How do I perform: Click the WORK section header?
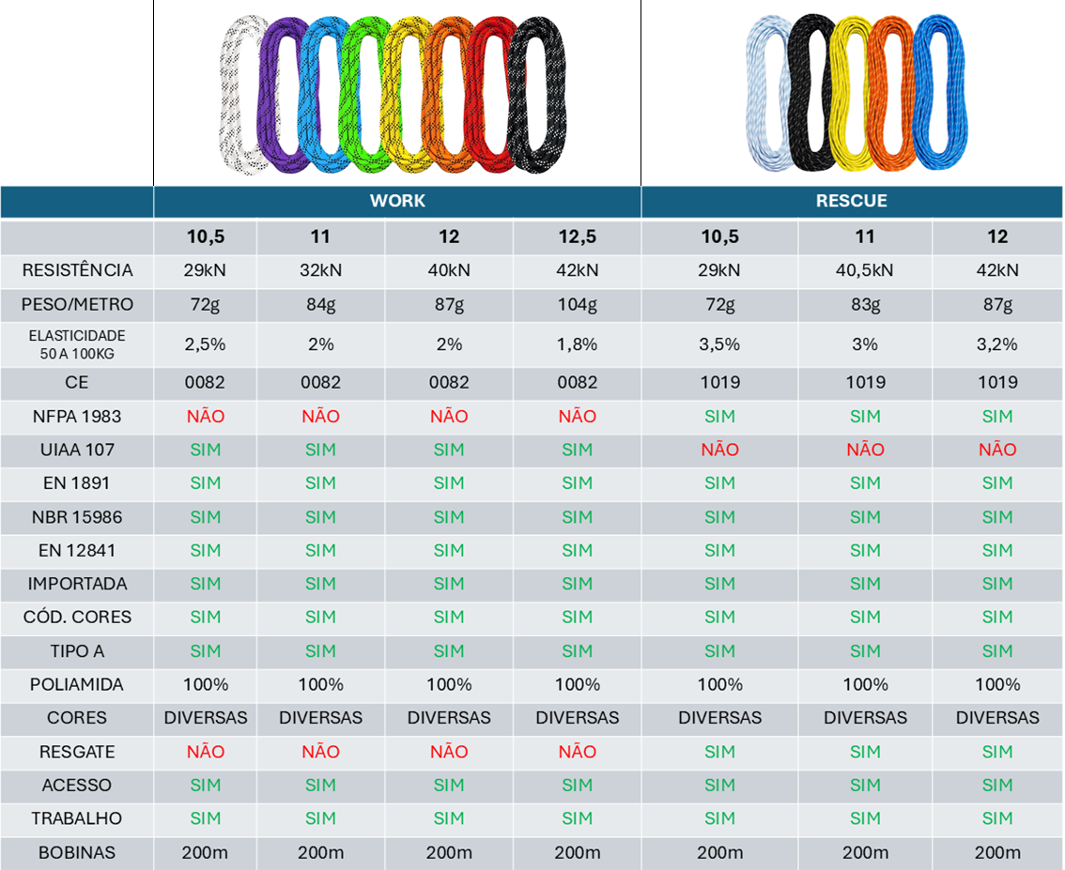click(x=397, y=201)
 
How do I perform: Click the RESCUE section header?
click(x=852, y=201)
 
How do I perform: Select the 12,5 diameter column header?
click(x=577, y=237)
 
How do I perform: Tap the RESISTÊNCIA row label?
click(x=77, y=270)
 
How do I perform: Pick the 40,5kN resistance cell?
click(x=865, y=270)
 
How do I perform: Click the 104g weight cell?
click(x=577, y=304)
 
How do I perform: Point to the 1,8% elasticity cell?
click(x=577, y=344)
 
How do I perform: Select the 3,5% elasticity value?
click(x=719, y=344)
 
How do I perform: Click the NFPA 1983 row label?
click(x=77, y=416)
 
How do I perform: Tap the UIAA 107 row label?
click(x=77, y=450)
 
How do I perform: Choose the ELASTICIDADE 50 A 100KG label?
click(x=77, y=343)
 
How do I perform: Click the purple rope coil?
click(x=279, y=94)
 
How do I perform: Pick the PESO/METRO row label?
click(x=77, y=304)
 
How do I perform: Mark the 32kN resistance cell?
click(x=320, y=270)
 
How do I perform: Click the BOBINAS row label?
click(x=77, y=852)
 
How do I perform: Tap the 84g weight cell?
click(x=320, y=304)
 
